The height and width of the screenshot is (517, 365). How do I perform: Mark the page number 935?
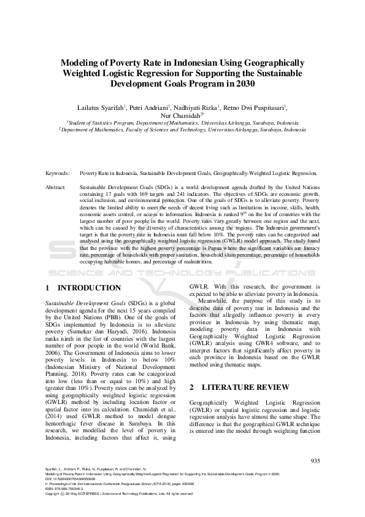click(315, 461)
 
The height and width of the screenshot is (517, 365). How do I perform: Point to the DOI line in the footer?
click(70, 479)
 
